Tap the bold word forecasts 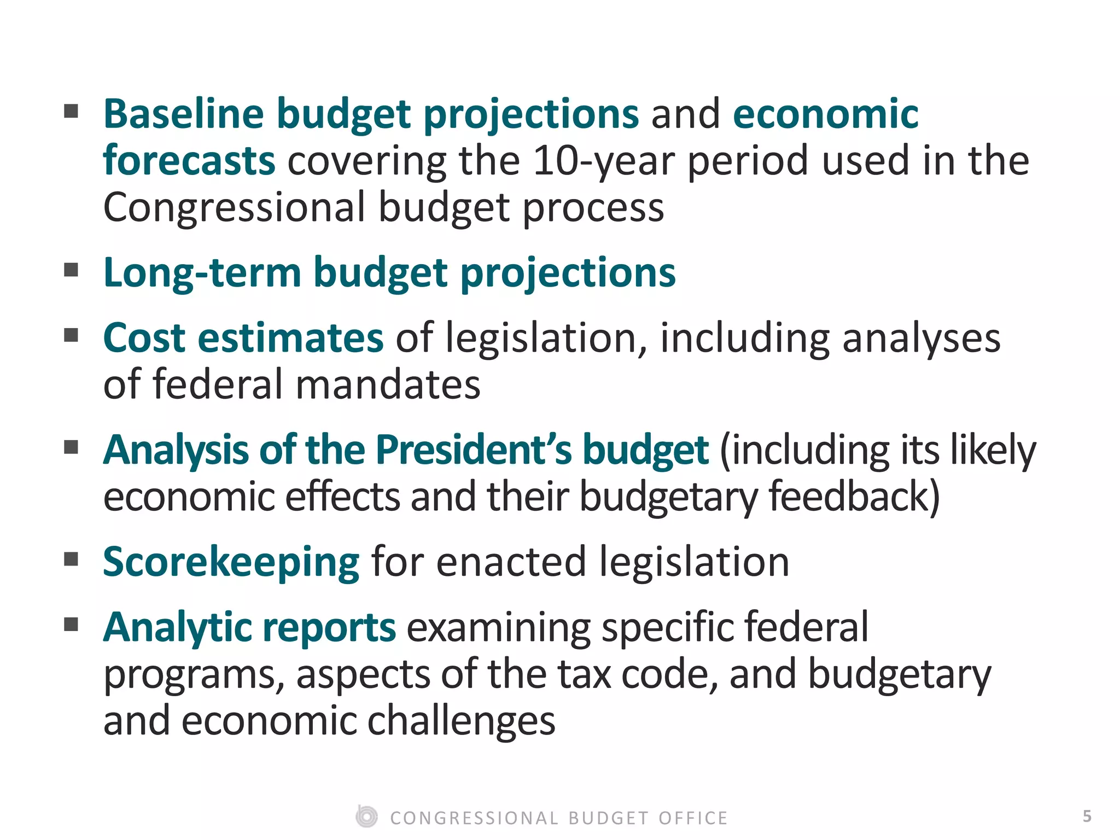(189, 161)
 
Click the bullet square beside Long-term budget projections (71, 270)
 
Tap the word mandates (388, 384)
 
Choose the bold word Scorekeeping (231, 562)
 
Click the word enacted (511, 562)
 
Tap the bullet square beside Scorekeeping (71, 559)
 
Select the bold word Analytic (177, 627)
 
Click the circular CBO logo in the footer (366, 817)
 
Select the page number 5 (1087, 816)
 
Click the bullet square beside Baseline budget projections (71, 111)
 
